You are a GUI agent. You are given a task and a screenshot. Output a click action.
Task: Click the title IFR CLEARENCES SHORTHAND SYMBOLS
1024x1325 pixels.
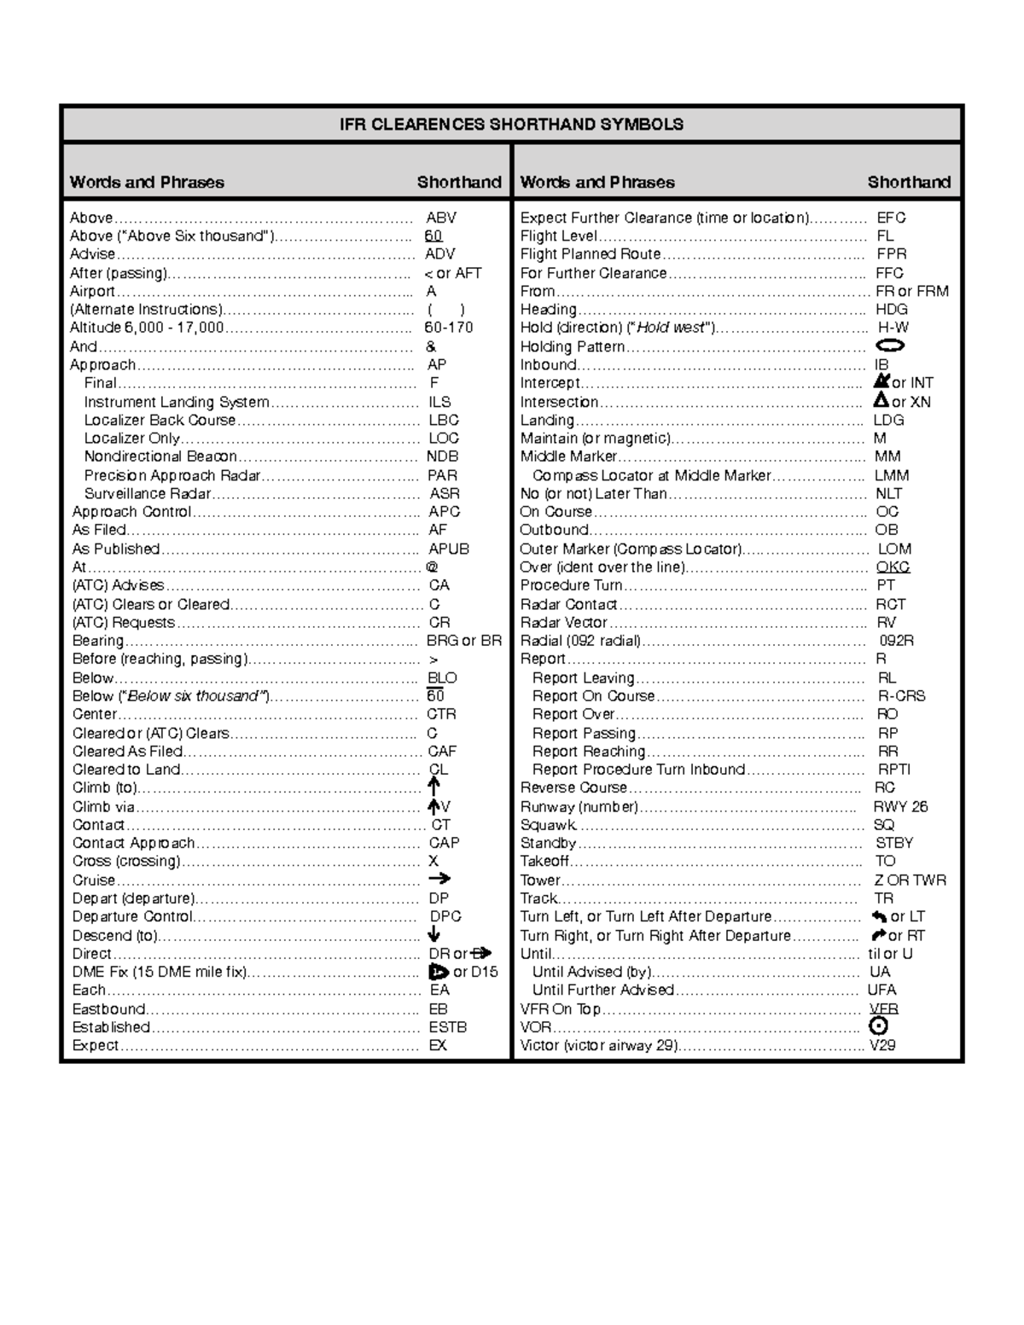(511, 125)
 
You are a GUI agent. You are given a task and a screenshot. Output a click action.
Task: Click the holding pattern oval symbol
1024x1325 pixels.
(890, 346)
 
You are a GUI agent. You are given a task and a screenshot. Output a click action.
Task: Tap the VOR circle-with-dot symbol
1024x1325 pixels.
(878, 1027)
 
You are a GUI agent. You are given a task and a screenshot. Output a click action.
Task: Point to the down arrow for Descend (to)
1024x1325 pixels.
(434, 935)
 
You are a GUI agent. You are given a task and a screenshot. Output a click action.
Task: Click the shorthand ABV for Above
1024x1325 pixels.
(441, 218)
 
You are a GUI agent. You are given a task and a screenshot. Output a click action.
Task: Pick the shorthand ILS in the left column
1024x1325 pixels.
(439, 402)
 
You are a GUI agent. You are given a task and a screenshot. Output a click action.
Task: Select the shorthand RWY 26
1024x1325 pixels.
(900, 806)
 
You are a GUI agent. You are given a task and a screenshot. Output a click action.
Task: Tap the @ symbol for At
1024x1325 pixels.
(432, 567)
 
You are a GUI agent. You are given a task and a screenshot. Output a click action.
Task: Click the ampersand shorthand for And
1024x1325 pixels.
(431, 346)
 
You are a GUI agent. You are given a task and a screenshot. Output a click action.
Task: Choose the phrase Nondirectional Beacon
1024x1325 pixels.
(160, 456)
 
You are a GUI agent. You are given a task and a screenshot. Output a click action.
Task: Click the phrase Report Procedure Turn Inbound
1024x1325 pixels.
(638, 770)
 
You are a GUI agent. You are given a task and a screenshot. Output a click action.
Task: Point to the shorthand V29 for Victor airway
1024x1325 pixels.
(882, 1045)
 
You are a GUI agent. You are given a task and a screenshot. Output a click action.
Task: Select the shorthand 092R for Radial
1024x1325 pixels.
(896, 641)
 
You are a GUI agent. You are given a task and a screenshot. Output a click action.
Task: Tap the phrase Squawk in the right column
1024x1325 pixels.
(549, 825)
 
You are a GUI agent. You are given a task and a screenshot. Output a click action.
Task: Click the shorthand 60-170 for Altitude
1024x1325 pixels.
(449, 328)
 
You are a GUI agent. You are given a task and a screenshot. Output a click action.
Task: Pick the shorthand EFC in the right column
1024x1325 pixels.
(891, 218)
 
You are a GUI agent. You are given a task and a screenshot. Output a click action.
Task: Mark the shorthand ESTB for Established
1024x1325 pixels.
(447, 1027)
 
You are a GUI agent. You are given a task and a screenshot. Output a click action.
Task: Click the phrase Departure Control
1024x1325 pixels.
(132, 916)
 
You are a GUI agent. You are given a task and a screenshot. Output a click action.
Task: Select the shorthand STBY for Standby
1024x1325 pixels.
(894, 843)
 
